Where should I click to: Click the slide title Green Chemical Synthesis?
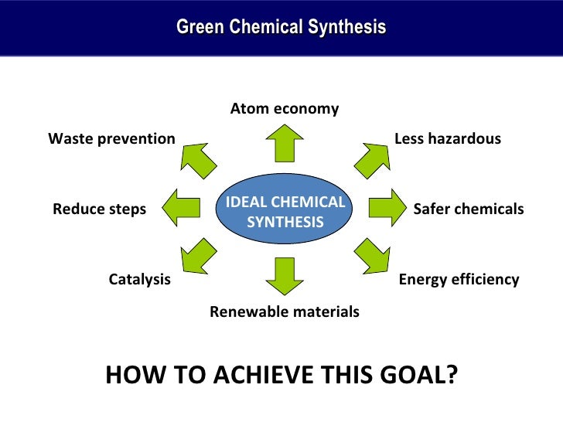(281, 28)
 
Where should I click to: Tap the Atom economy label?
(285, 108)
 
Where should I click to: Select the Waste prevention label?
(111, 138)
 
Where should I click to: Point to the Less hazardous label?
(448, 138)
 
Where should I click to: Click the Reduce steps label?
(99, 209)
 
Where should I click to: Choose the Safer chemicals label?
(469, 209)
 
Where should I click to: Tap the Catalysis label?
(139, 279)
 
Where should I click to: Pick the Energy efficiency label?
(459, 279)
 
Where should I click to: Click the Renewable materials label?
(285, 312)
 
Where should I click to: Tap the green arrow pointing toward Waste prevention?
(199, 158)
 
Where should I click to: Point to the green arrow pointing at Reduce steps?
(183, 207)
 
